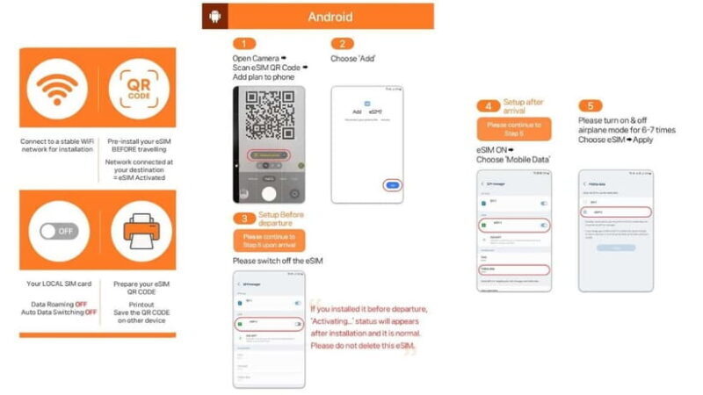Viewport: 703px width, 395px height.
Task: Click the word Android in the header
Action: click(x=330, y=17)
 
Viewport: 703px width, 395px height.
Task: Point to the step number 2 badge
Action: click(x=342, y=43)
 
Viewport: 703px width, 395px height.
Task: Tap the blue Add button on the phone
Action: click(x=394, y=185)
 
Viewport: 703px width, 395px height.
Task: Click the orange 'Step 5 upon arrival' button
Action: click(x=270, y=241)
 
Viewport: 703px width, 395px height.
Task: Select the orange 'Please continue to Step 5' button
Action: click(x=514, y=130)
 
